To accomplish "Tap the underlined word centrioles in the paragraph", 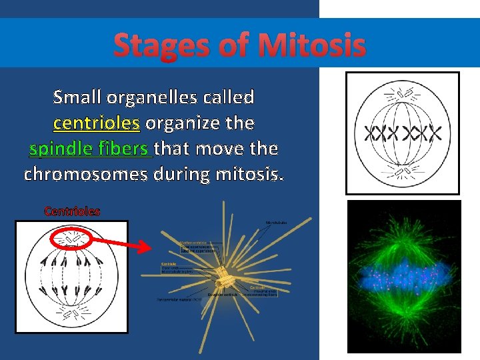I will coord(97,123).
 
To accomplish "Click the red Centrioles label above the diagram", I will coord(72,211).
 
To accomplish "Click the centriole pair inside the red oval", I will coord(71,237).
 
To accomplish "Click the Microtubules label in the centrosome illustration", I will coord(276,222).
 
